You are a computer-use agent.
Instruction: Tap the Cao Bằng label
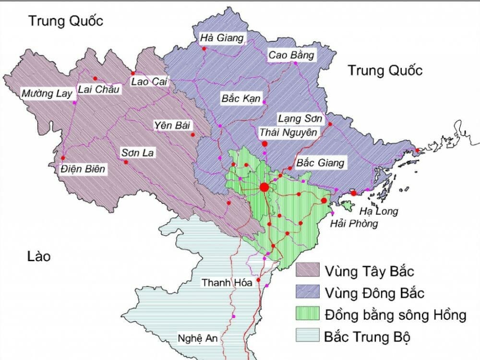[x=291, y=55]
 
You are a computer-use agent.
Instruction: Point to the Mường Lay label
[x=46, y=94]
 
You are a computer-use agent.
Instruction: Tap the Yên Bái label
[x=172, y=126]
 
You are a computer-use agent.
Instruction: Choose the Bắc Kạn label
[x=241, y=99]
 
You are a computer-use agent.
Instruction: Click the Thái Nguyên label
[x=288, y=132]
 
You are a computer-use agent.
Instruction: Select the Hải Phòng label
[x=354, y=224]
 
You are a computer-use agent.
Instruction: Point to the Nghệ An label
[x=197, y=337]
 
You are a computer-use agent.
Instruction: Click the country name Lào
[x=39, y=257]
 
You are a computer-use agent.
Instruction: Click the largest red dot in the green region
[x=264, y=187]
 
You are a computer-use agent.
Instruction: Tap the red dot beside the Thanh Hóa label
[x=258, y=280]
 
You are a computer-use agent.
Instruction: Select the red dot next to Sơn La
[x=126, y=162]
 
